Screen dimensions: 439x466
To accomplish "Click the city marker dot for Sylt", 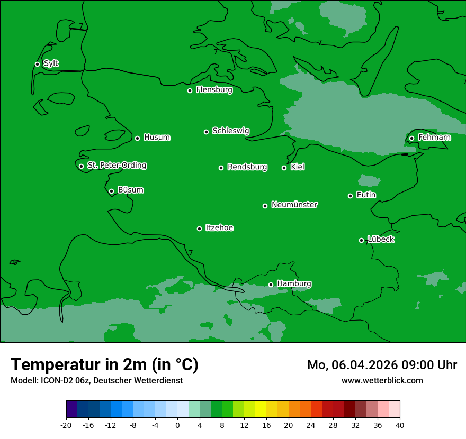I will coord(37,64).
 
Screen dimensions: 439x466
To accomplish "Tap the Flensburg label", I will coord(214,90).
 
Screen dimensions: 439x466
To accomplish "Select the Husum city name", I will coord(157,138).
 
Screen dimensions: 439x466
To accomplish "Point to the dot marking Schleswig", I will coord(206,132).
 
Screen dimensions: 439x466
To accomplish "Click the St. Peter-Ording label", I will coord(116,166).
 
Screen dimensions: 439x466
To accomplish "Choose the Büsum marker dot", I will coord(111,191).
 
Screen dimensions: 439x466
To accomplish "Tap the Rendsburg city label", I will coord(247,167).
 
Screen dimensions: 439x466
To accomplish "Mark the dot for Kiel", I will coord(284,168).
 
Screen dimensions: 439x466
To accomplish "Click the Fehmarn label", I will coord(434,138).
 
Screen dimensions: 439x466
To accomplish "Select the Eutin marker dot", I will coord(350,196).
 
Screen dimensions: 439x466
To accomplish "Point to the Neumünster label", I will coord(294,205).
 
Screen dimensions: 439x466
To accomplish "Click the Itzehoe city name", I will coord(219,228).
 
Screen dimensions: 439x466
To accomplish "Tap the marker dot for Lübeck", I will coord(361,240).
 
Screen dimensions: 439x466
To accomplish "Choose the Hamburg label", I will coord(294,284).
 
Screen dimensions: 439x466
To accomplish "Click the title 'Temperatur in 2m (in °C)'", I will coord(104,364).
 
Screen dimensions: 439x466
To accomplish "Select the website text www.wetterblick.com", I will coord(382,380).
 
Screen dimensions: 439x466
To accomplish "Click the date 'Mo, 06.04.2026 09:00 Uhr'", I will coord(382,365).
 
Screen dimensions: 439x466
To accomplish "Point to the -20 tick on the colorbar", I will coord(66,425).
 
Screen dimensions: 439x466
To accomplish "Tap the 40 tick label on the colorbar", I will coord(400,425).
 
